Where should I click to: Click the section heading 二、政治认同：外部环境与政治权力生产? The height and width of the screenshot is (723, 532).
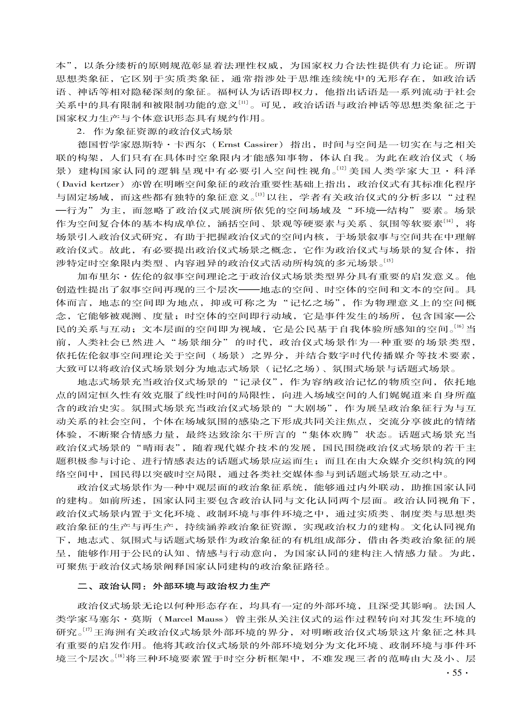(173, 586)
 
